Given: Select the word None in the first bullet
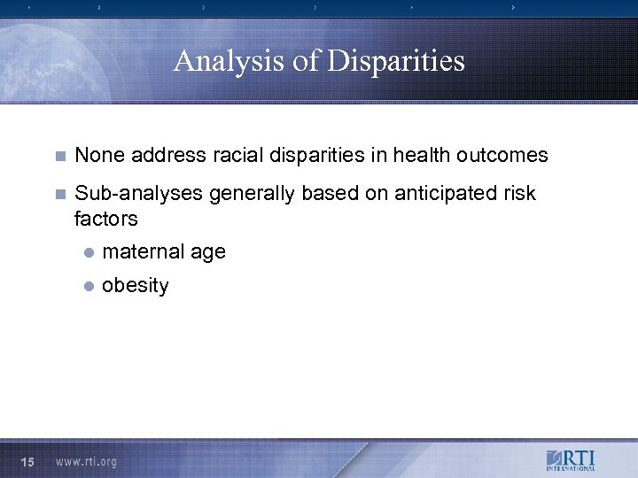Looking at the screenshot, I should point(98,156).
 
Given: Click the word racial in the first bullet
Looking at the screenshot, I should point(232,156).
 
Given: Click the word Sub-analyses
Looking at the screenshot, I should point(139,194).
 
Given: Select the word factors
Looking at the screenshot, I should point(106,218).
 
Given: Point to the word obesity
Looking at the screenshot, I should point(135,286).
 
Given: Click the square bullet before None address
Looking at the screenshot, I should point(59,157).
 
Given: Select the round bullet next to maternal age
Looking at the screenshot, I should point(88,253).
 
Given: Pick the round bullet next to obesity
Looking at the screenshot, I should point(88,287).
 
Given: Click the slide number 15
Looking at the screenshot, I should point(27,461).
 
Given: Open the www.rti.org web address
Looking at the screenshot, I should point(85,461).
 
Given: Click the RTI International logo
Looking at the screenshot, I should point(571,460).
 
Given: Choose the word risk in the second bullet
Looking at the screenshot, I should point(518,194).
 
